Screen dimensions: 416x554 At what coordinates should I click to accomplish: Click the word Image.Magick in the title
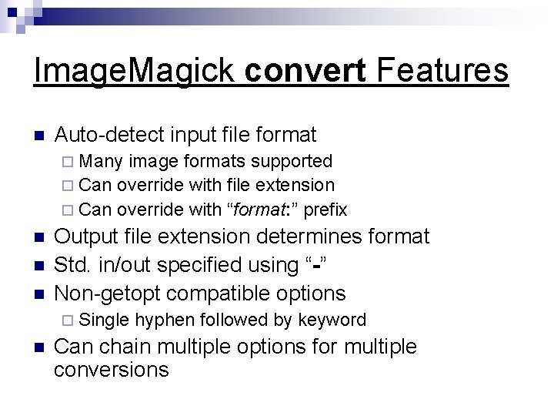(134, 72)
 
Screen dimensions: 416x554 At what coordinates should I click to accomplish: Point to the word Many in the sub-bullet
(102, 161)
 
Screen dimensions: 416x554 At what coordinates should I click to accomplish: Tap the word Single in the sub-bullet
(103, 319)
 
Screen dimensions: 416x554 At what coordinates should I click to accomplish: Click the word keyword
(333, 319)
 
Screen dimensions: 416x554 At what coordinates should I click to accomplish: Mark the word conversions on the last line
(112, 370)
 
